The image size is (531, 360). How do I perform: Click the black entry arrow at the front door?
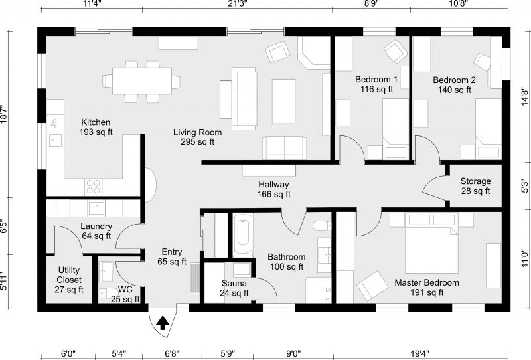point(162,323)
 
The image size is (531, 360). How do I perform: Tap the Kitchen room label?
point(96,127)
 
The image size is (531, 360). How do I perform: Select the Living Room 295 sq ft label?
point(198,137)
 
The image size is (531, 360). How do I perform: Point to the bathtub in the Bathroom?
point(243,235)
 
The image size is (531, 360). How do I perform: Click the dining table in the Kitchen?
point(141,81)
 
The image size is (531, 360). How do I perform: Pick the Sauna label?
point(235,288)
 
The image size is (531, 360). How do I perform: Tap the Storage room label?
point(475,186)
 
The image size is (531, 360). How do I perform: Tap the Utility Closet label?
point(69,280)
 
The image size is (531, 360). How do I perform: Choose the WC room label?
point(125,294)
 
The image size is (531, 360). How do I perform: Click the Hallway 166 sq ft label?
point(273,189)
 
